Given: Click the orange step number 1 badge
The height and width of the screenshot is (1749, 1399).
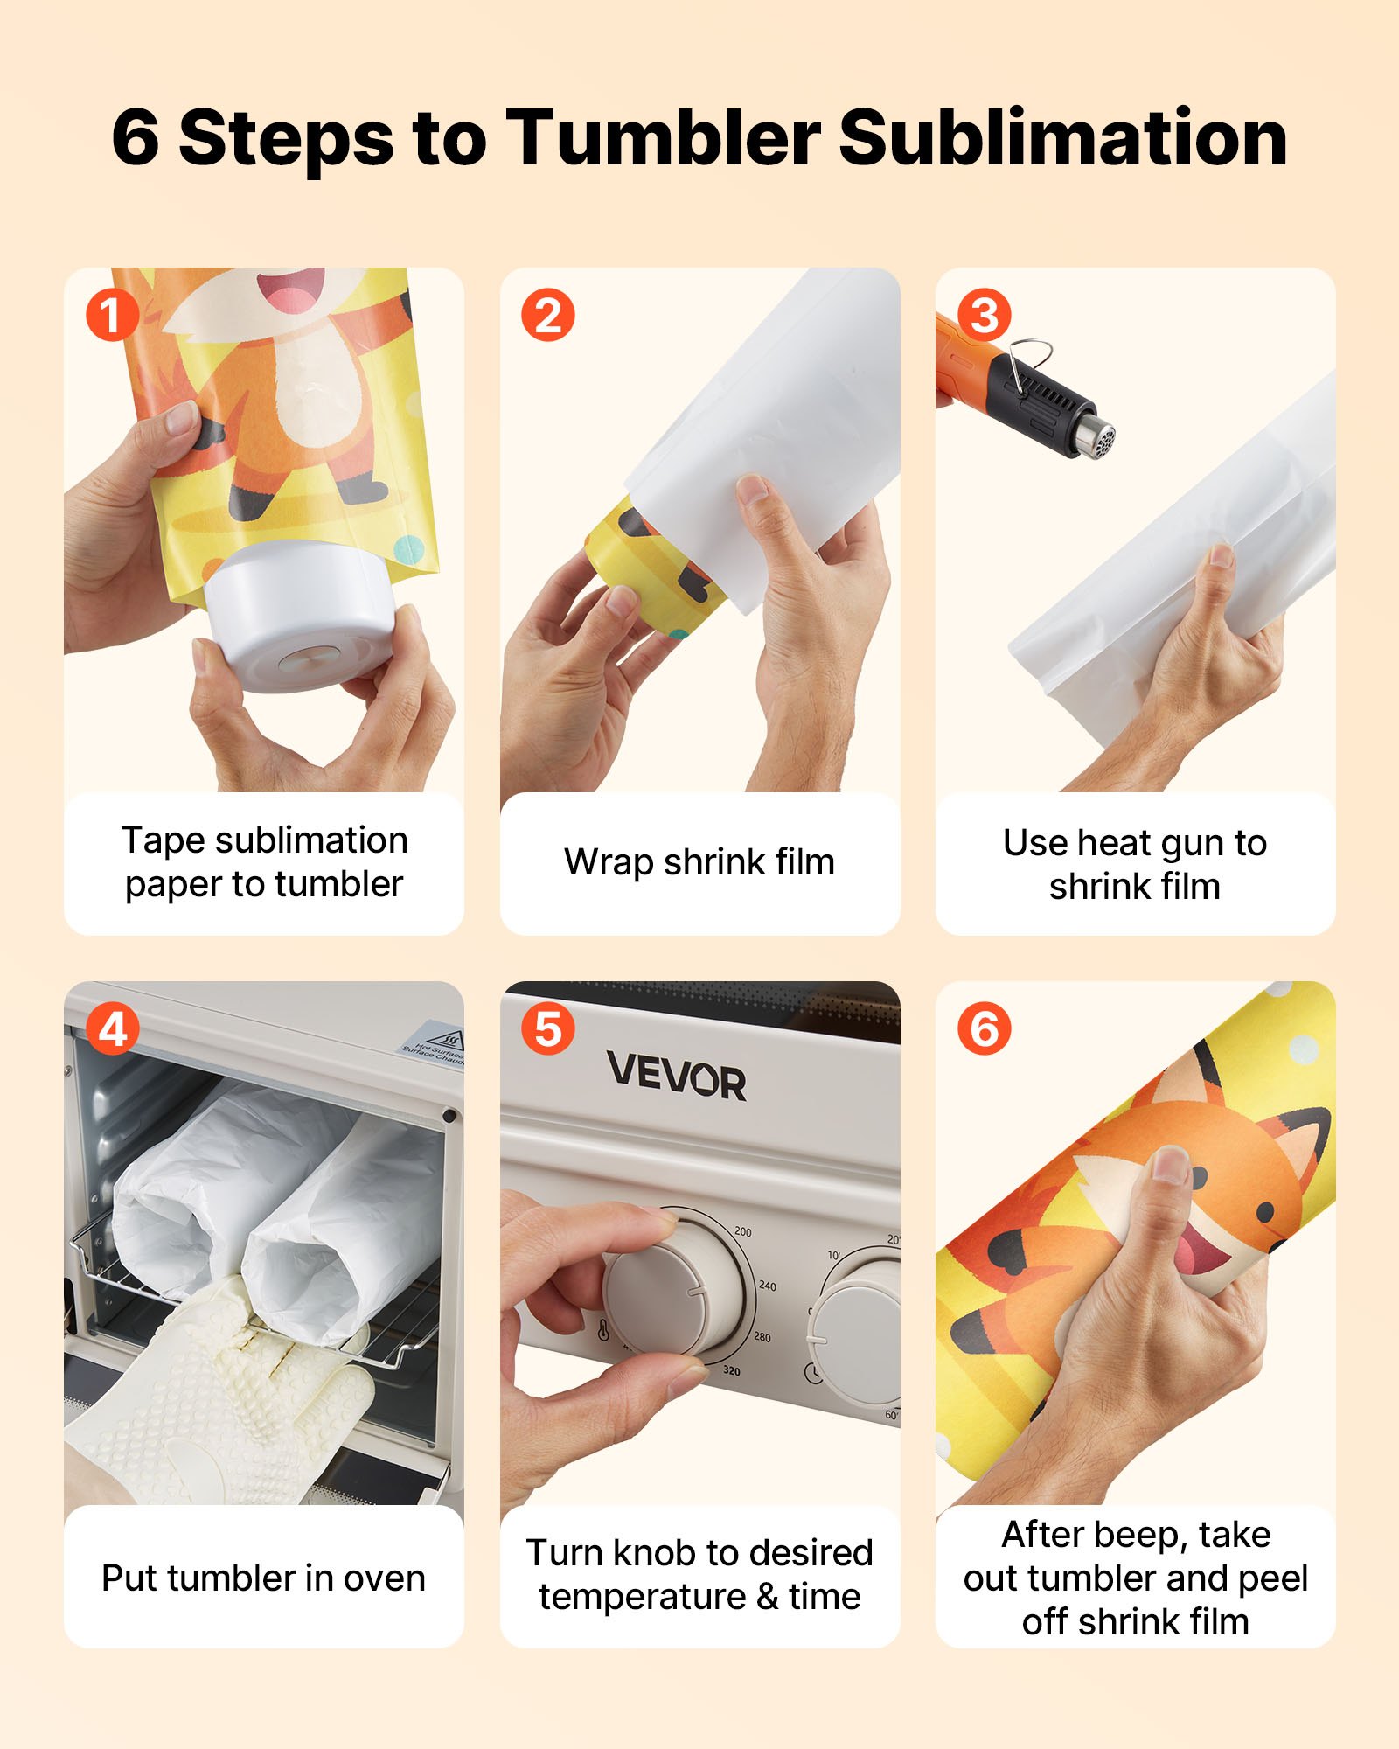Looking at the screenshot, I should click(111, 316).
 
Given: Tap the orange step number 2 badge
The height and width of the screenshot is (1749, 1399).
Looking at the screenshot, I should click(547, 316).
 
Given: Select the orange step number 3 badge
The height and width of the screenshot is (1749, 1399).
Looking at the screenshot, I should click(984, 316).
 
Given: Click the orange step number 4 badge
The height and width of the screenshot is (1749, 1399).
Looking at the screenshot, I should click(111, 1029).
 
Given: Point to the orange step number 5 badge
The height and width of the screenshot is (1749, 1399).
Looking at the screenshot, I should click(547, 1029).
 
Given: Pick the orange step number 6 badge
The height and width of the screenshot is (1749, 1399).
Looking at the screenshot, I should click(984, 1029).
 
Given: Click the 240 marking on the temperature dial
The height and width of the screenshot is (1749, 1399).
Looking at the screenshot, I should click(767, 1286).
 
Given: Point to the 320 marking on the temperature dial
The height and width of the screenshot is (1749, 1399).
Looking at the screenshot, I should click(731, 1370).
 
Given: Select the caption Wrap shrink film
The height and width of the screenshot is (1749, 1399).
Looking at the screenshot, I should click(699, 862).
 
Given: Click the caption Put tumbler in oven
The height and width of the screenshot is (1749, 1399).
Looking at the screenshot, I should click(263, 1578).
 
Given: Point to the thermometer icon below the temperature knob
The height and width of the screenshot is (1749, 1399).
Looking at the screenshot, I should click(602, 1330).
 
